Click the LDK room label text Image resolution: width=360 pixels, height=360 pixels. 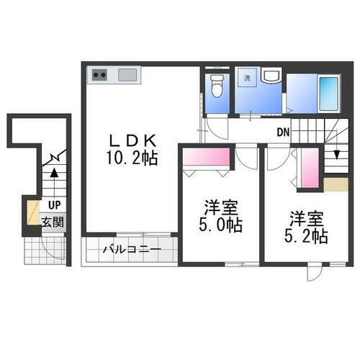click(130, 139)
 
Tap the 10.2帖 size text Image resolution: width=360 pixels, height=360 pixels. click(130, 158)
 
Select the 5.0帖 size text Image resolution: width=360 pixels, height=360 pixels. click(221, 225)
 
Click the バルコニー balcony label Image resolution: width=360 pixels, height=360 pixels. click(130, 251)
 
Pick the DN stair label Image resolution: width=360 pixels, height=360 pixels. click(283, 132)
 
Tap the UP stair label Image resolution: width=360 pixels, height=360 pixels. click(55, 205)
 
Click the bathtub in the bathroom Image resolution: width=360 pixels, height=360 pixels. click(328, 91)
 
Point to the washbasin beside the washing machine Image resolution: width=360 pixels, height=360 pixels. click(271, 77)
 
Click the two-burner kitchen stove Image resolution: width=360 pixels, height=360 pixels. click(99, 74)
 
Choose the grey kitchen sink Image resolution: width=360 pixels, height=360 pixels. click(128, 74)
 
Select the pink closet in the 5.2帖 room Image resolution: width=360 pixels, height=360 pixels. click(309, 168)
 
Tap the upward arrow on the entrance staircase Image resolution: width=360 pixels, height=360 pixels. click(53, 174)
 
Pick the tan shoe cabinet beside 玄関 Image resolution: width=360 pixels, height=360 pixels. click(32, 212)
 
